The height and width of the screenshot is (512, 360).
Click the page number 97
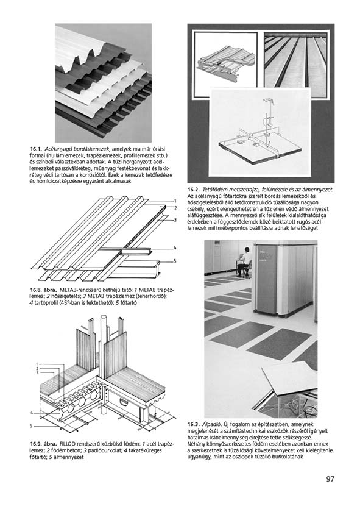(x=330, y=478)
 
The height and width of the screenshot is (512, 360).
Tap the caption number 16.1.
(x=35, y=149)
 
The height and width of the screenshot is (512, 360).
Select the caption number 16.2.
(x=193, y=190)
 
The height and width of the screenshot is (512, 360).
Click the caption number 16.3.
(x=193, y=424)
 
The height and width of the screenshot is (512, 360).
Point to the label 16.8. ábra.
(x=44, y=290)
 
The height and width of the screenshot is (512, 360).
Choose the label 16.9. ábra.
(x=44, y=444)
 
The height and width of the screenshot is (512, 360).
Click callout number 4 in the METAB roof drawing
(x=175, y=248)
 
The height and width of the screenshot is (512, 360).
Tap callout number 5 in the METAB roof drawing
(x=175, y=261)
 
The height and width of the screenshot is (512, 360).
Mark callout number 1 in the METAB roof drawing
(x=175, y=201)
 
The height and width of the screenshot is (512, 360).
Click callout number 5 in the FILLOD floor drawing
(x=31, y=426)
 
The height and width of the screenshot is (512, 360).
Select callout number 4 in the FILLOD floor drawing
(x=32, y=413)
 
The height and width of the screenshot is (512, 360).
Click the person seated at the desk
(x=244, y=261)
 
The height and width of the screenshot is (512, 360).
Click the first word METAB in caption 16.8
(x=67, y=290)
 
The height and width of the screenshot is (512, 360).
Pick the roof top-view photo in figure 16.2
(x=295, y=60)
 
